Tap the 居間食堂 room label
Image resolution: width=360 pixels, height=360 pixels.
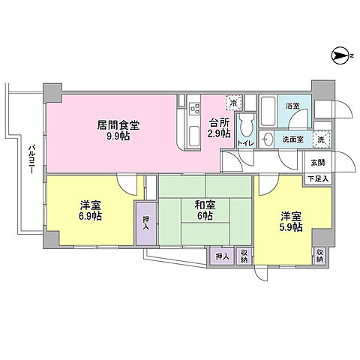tap(117, 126)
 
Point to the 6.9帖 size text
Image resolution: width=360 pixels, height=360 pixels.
tap(91, 216)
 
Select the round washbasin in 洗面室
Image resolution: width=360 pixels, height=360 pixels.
tap(268, 139)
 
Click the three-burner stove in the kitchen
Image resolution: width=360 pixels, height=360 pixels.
tap(193, 109)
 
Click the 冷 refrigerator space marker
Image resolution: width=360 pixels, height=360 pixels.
tap(233, 103)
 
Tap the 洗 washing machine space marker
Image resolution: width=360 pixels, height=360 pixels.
tap(320, 139)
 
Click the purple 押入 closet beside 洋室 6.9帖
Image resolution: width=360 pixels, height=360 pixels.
tap(145, 223)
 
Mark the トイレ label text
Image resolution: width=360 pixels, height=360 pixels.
tap(245, 142)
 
